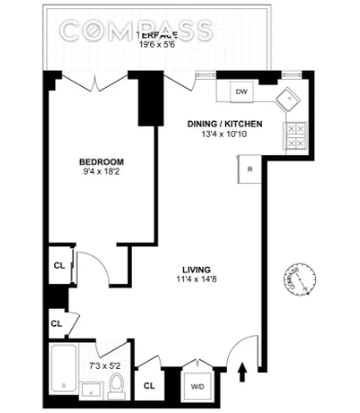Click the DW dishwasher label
point(241,92)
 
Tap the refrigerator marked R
point(250,169)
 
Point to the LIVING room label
point(196,269)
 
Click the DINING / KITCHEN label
point(225,124)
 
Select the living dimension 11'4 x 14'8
point(196,279)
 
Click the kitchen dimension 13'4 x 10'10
point(225,133)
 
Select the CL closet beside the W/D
point(149,386)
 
